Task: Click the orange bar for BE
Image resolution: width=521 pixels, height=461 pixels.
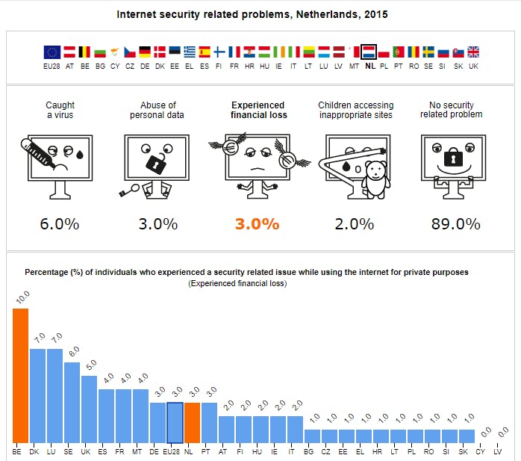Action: click(x=20, y=375)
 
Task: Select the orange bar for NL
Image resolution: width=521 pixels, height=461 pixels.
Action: click(x=192, y=422)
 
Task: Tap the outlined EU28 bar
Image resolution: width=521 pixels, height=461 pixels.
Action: click(x=175, y=422)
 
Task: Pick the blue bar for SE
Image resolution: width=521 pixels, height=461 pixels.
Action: click(x=72, y=402)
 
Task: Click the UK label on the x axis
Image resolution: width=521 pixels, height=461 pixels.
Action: click(x=89, y=452)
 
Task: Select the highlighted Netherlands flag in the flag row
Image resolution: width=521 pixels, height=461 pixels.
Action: click(x=368, y=52)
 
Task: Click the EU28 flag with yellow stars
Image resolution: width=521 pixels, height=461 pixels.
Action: click(x=52, y=52)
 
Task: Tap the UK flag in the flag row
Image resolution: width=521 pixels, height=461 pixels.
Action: click(x=473, y=52)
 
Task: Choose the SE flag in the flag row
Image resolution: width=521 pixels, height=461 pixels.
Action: click(x=428, y=52)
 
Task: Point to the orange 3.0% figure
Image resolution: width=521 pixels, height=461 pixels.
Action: click(x=258, y=223)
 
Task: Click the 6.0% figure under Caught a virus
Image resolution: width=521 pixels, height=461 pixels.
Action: click(x=60, y=223)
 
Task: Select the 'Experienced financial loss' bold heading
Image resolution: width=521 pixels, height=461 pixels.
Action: click(x=258, y=110)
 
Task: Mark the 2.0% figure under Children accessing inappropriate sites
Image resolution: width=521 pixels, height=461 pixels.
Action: click(x=355, y=223)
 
